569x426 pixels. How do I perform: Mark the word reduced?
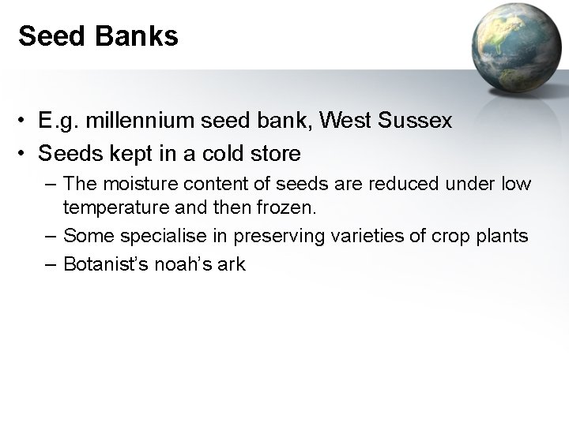[x=410, y=184]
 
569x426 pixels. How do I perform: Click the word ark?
[x=232, y=264]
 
